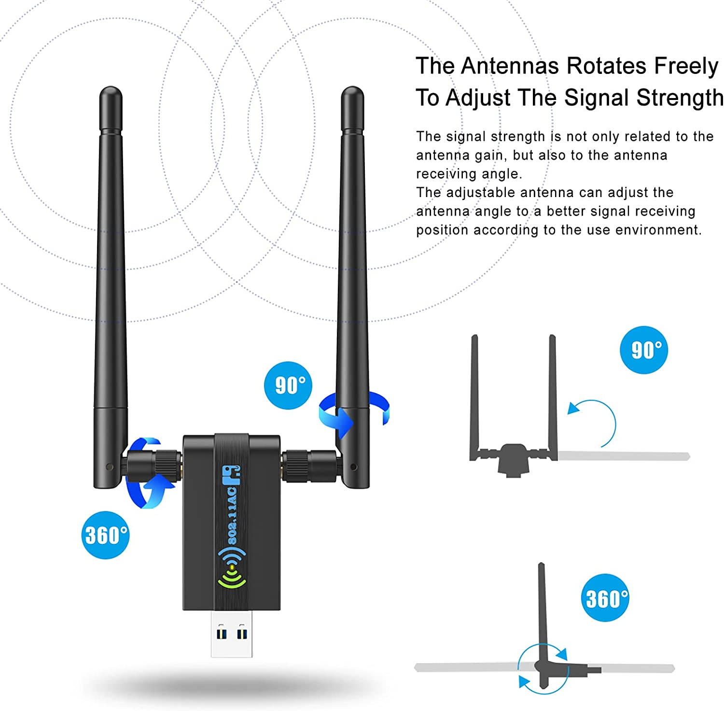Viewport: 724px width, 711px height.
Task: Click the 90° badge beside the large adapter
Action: [x=288, y=385]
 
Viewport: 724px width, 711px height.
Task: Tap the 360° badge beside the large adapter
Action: [x=105, y=535]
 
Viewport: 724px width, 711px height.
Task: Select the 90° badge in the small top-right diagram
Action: [x=644, y=350]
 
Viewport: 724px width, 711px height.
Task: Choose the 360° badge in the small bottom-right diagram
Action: [x=605, y=598]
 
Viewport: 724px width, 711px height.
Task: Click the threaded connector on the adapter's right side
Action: [x=309, y=466]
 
